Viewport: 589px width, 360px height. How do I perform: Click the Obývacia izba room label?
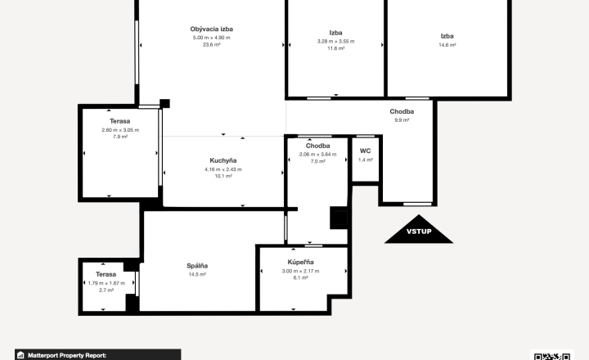click(212, 29)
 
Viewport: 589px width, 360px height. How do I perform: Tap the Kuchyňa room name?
click(223, 160)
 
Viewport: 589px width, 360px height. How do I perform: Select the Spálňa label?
click(197, 266)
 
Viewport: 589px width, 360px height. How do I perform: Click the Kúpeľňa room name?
click(300, 262)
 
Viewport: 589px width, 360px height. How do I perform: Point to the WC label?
click(365, 151)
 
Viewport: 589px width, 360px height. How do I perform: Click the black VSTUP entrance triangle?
click(419, 231)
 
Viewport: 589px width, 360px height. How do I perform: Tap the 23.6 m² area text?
click(212, 44)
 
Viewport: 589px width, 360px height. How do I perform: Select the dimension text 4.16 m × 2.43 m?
click(223, 169)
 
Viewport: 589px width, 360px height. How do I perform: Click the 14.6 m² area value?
click(447, 45)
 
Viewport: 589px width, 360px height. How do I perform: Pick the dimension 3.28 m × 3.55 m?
click(336, 42)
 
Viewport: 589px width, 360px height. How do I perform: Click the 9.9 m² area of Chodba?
click(402, 120)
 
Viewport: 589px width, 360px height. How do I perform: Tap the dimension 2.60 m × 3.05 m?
click(120, 130)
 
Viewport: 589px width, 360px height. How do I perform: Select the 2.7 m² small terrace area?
click(106, 290)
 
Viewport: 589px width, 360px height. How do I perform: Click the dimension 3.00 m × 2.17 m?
click(300, 271)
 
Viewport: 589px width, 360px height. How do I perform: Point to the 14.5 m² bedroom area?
click(197, 274)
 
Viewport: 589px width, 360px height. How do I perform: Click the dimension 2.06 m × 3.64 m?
click(317, 155)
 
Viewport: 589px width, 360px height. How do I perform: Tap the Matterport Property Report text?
click(67, 355)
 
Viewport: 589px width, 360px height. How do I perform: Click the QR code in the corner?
click(552, 356)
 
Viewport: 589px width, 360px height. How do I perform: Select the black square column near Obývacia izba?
click(165, 103)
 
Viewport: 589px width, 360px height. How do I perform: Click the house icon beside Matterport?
click(20, 355)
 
